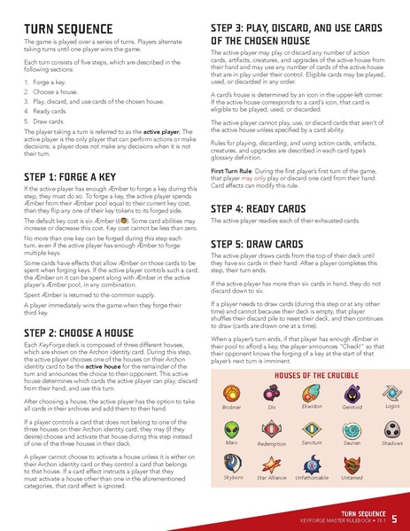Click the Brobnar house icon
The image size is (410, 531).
coord(231,390)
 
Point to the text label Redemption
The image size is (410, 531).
coord(271,443)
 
